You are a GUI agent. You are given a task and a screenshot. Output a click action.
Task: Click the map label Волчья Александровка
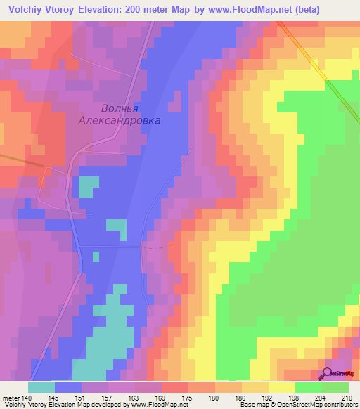(120, 115)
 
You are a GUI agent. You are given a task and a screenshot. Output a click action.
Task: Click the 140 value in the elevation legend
(27, 398)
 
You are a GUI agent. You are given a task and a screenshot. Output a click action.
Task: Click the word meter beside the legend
(10, 398)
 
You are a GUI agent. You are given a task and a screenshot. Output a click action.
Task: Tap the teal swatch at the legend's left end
(41, 387)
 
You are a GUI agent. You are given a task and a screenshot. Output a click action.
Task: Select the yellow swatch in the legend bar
(282, 387)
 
